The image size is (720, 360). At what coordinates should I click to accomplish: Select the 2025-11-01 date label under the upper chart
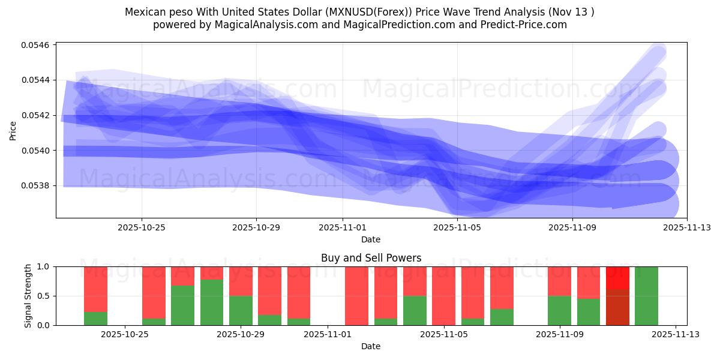(343, 227)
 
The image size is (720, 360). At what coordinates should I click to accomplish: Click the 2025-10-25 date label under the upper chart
(142, 227)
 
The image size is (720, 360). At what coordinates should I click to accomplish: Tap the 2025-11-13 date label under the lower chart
(676, 335)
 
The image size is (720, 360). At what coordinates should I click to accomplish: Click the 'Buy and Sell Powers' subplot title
(371, 258)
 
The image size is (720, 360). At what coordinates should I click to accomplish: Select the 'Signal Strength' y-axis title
(28, 296)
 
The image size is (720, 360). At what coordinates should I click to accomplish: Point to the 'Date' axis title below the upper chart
(371, 239)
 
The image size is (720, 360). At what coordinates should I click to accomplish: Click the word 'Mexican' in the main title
(145, 12)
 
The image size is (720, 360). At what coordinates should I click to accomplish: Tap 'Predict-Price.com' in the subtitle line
(525, 25)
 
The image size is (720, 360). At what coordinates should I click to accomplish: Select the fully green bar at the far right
(646, 296)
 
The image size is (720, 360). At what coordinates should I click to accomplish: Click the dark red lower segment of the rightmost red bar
(617, 307)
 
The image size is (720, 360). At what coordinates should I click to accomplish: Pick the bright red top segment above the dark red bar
(617, 278)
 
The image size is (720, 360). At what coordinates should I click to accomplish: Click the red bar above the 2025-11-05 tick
(443, 296)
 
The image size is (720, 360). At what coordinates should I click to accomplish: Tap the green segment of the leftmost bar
(95, 319)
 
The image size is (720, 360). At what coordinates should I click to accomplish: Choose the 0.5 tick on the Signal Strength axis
(46, 296)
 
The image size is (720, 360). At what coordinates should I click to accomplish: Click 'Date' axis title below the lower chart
(371, 346)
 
